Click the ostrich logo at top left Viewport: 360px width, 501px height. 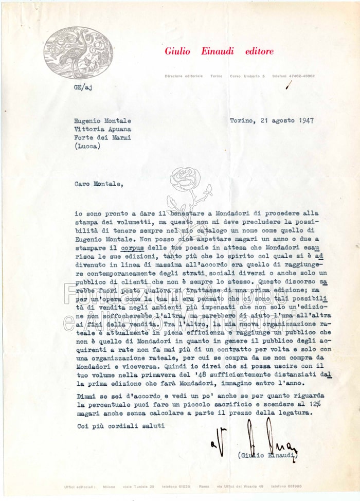79,52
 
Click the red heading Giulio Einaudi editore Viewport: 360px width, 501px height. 219,51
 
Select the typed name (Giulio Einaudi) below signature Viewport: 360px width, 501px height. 268,455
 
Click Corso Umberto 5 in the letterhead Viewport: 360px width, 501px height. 247,76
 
